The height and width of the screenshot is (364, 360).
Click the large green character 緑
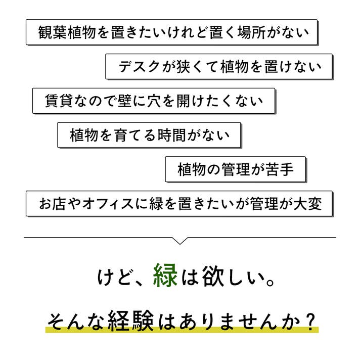click(x=165, y=276)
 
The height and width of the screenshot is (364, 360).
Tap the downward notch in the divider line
click(x=180, y=241)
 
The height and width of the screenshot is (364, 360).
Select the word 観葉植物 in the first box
click(x=67, y=32)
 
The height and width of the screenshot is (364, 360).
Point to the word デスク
click(x=139, y=67)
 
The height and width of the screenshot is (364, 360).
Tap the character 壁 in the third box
click(x=125, y=101)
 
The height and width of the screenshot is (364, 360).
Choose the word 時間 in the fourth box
click(x=172, y=135)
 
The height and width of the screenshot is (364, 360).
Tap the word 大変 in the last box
click(x=307, y=204)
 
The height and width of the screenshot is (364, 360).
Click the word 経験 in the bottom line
click(x=130, y=321)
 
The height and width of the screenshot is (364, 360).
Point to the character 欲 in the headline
click(x=213, y=276)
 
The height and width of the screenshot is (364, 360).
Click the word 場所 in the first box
click(x=251, y=32)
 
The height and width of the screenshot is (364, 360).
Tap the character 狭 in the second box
click(x=184, y=67)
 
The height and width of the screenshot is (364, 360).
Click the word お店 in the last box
click(x=52, y=204)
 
